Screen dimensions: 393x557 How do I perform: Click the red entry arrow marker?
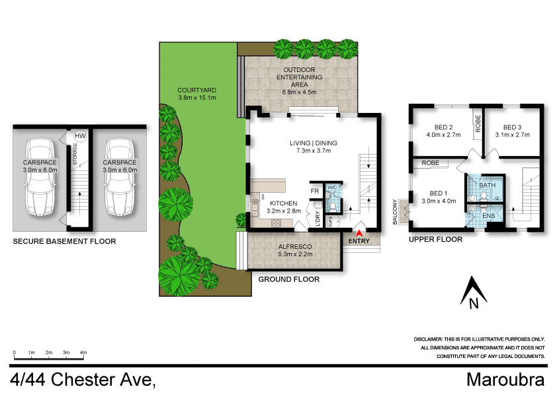coord(359,232)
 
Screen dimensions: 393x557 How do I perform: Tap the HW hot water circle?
coord(80,136)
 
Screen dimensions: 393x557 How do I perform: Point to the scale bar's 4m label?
coord(83,353)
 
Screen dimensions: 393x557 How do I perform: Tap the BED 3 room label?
coord(512,127)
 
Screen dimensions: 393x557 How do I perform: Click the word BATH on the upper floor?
coord(487,186)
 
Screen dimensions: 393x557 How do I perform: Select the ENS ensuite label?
coord(488,215)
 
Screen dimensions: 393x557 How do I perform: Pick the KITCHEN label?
coord(284,203)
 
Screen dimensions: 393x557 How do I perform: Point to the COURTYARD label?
coord(197,90)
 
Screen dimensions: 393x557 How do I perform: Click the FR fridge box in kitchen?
coord(316,191)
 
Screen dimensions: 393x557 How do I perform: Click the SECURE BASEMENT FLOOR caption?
coord(64,242)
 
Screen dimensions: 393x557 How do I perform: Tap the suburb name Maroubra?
coord(505,380)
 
